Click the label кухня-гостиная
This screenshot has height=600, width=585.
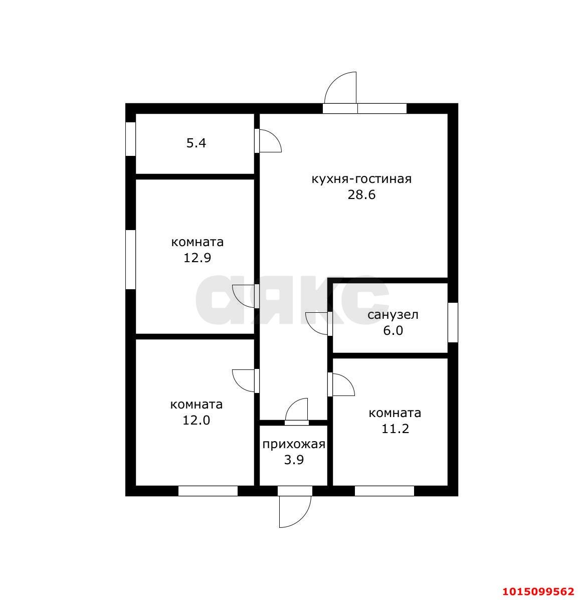click(361, 179)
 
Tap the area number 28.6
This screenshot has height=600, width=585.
click(361, 195)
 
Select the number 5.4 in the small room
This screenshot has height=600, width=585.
click(197, 143)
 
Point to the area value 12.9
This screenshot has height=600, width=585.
click(198, 258)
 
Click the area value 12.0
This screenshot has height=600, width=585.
click(197, 421)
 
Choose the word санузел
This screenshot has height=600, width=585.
click(393, 315)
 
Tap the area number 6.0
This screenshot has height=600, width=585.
click(393, 330)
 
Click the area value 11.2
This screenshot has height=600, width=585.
click(395, 429)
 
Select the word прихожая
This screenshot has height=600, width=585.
click(294, 444)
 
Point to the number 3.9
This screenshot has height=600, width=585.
click(294, 460)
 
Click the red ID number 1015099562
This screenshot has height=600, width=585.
click(538, 591)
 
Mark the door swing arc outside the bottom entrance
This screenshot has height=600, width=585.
click(302, 518)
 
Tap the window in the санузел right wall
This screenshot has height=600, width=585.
click(453, 322)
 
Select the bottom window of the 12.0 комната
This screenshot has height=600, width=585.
click(208, 491)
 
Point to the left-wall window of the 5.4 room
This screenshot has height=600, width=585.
click(130, 139)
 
